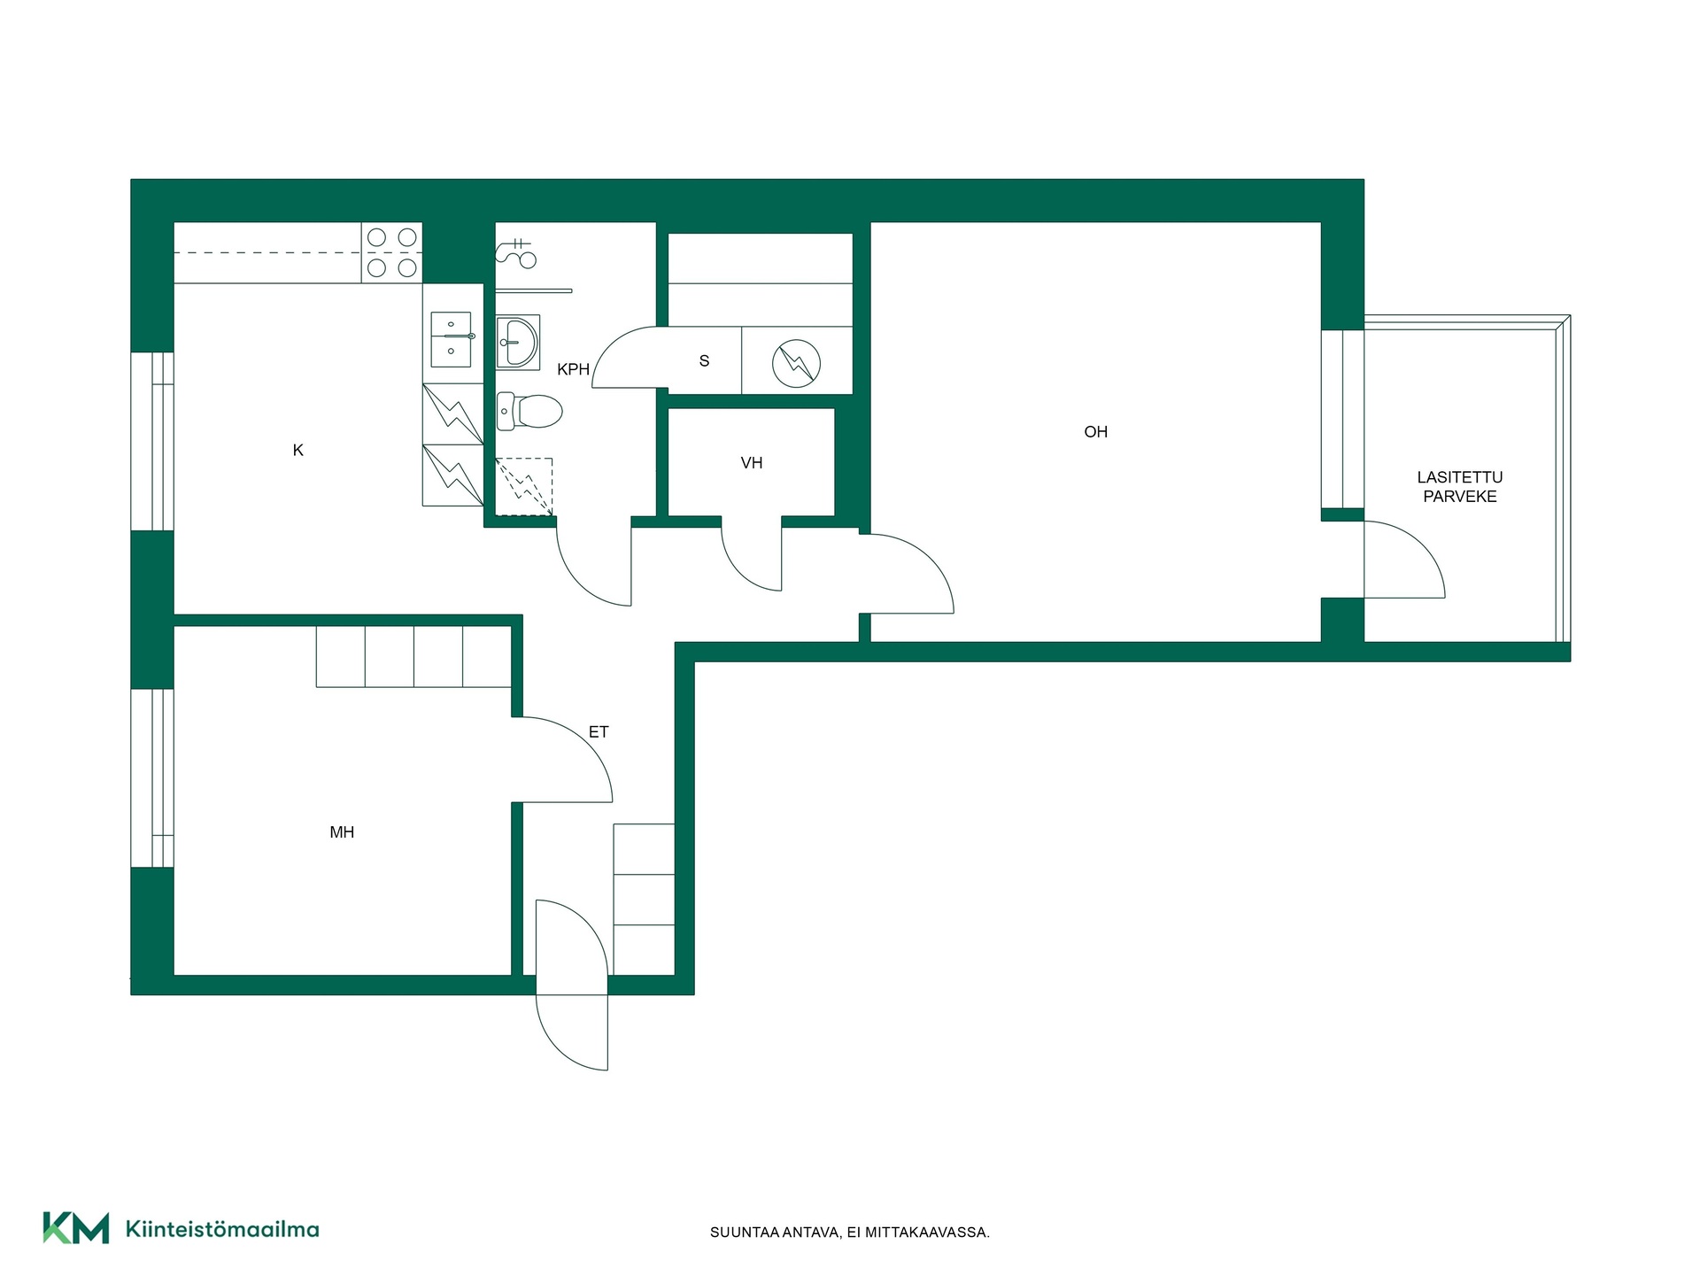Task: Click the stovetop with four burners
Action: pos(391,252)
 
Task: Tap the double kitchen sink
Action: pos(452,339)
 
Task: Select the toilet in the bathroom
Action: pos(529,411)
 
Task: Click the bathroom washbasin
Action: pos(518,342)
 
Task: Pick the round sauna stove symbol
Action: pos(796,363)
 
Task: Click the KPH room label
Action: pos(573,369)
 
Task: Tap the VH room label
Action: pos(752,462)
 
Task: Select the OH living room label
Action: pos(1096,432)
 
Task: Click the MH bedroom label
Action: pos(342,832)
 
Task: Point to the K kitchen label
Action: pos(298,451)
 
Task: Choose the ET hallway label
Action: pos(599,732)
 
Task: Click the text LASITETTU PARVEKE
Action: pos(1460,487)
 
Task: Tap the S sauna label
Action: pos(705,360)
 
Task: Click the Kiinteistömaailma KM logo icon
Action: pos(76,1228)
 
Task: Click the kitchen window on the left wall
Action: pos(152,441)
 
